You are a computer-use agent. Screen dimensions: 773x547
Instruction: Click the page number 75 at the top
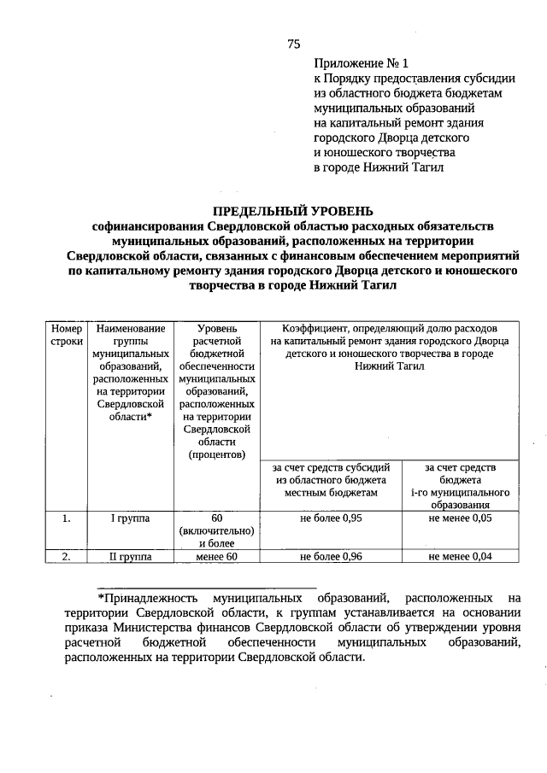pyautogui.click(x=293, y=43)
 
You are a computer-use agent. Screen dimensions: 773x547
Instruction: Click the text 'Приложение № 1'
pyautogui.click(x=362, y=63)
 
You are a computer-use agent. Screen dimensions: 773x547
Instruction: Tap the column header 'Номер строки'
pyautogui.click(x=66, y=334)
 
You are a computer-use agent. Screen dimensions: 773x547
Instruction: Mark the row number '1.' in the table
pyautogui.click(x=66, y=518)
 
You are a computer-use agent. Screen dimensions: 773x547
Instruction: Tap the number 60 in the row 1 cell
pyautogui.click(x=217, y=518)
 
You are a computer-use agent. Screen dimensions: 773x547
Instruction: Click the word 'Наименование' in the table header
pyautogui.click(x=130, y=328)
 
